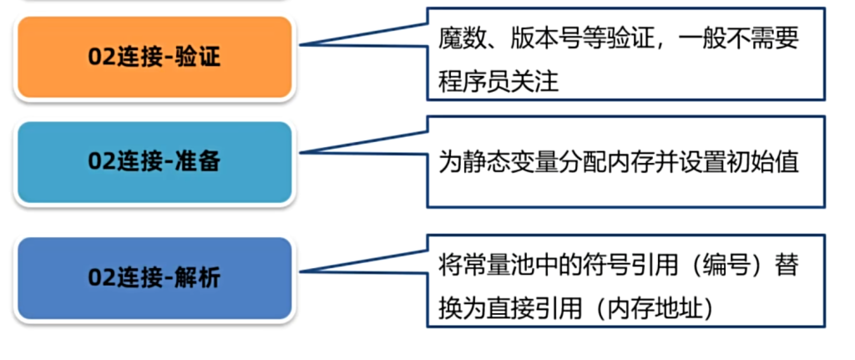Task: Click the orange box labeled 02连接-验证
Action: click(x=154, y=58)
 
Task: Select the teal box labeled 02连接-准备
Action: click(x=154, y=162)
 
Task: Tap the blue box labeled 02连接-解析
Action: click(x=154, y=277)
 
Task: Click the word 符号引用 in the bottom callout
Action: click(x=614, y=266)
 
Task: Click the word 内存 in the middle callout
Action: click(x=614, y=161)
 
